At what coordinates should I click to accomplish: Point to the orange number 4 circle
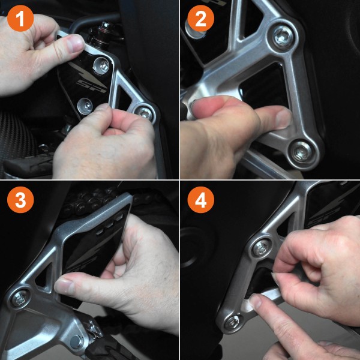[201, 201]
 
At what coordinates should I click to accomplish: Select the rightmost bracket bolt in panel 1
[144, 112]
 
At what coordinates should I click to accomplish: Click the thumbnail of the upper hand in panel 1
[76, 43]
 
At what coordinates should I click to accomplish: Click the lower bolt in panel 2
[299, 152]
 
